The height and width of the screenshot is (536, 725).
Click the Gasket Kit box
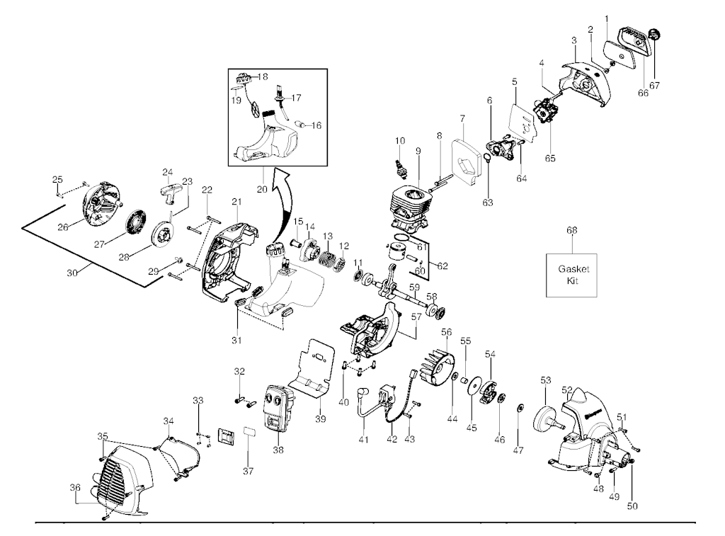click(x=573, y=275)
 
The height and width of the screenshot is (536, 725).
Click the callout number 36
click(x=75, y=488)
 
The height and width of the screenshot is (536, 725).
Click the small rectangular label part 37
click(x=249, y=431)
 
